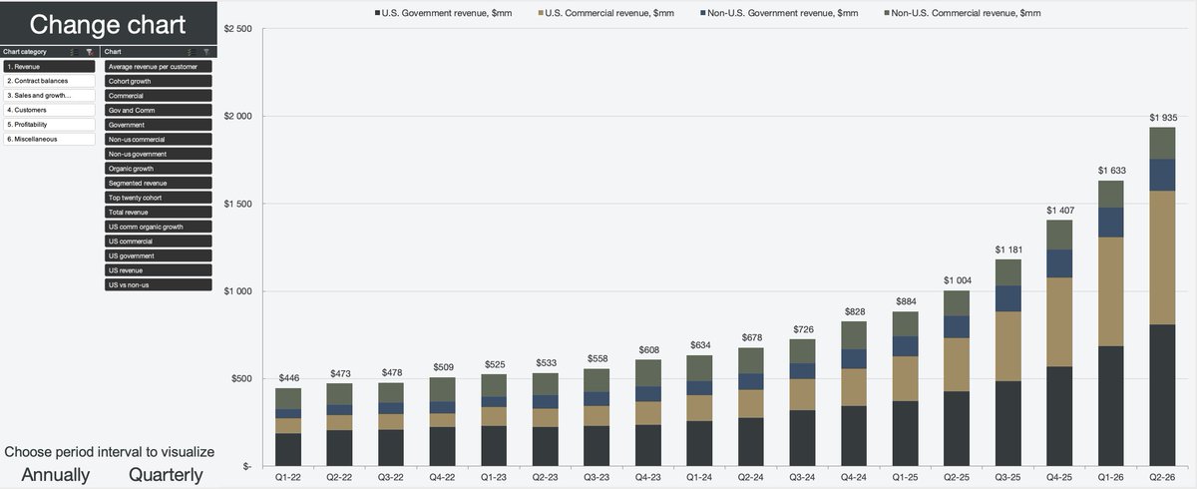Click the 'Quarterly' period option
pyautogui.click(x=166, y=475)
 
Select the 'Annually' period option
pyautogui.click(x=56, y=475)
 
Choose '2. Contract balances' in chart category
pyautogui.click(x=49, y=81)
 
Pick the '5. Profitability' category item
pyautogui.click(x=49, y=125)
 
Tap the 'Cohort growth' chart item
pyautogui.click(x=159, y=81)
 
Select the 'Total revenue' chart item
pyautogui.click(x=159, y=213)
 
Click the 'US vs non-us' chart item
pyautogui.click(x=159, y=284)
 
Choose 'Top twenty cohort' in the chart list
pyautogui.click(x=159, y=198)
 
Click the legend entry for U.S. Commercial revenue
pyautogui.click(x=606, y=13)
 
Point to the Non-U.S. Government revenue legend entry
pyautogui.click(x=779, y=13)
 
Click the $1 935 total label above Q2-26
pyautogui.click(x=1163, y=118)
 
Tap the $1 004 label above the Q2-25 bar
pyautogui.click(x=958, y=280)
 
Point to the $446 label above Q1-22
pyautogui.click(x=289, y=378)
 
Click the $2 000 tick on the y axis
pyautogui.click(x=237, y=116)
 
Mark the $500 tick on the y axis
pyautogui.click(x=241, y=378)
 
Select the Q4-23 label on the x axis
pyautogui.click(x=647, y=477)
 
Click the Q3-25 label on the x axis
pyautogui.click(x=1007, y=477)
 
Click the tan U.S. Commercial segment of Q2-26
pyautogui.click(x=1162, y=257)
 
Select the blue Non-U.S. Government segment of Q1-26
pyautogui.click(x=1111, y=223)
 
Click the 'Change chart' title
pyautogui.click(x=108, y=25)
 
